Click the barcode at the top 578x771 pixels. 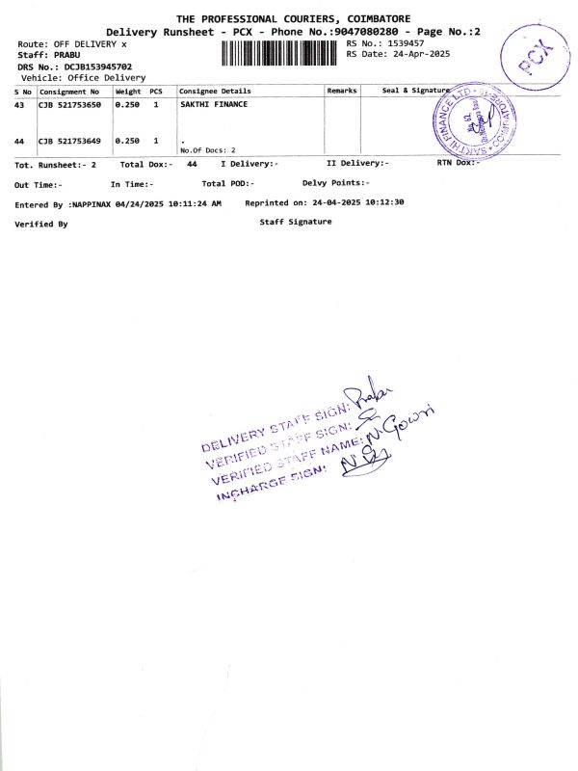pyautogui.click(x=280, y=51)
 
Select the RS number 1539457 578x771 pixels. pyautogui.click(x=405, y=43)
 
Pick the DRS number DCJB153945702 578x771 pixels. pyautogui.click(x=97, y=66)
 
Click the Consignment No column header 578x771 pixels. pyautogui.click(x=69, y=91)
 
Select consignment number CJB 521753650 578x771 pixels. pyautogui.click(x=69, y=104)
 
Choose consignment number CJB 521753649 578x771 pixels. pyautogui.click(x=69, y=141)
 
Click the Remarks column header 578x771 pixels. pyautogui.click(x=342, y=91)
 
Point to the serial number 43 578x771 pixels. pyautogui.click(x=19, y=104)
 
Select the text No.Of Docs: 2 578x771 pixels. pyautogui.click(x=208, y=151)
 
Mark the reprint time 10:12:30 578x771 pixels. pyautogui.click(x=383, y=203)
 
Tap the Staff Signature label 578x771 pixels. pyautogui.click(x=296, y=222)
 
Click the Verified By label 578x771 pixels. pyautogui.click(x=41, y=224)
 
